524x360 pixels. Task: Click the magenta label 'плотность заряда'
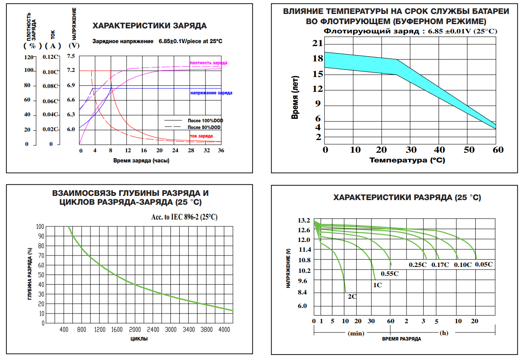tap(209, 63)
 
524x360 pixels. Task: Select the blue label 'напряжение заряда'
tap(211, 93)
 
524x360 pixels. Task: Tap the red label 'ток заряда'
tap(201, 136)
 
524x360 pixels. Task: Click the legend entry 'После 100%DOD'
tap(204, 121)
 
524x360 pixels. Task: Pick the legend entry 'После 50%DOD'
tap(204, 127)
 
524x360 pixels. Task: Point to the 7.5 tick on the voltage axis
tap(71, 56)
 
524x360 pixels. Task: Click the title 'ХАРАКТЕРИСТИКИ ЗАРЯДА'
tap(150, 26)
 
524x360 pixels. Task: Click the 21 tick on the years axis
tap(317, 43)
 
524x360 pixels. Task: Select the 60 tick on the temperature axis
tap(498, 150)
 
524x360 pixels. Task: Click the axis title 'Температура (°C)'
tap(407, 160)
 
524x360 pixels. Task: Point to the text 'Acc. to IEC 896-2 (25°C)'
tap(184, 217)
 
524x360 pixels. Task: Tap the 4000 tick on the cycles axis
tap(224, 330)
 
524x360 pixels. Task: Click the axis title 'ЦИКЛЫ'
tap(139, 339)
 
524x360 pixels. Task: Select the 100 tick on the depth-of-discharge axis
tap(40, 227)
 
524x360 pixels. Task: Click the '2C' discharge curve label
tap(352, 297)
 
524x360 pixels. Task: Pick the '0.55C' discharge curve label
tap(390, 274)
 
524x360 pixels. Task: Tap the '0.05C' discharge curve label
tap(484, 264)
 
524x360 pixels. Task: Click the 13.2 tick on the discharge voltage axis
tap(304, 220)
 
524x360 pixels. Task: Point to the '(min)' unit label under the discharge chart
tap(356, 333)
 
